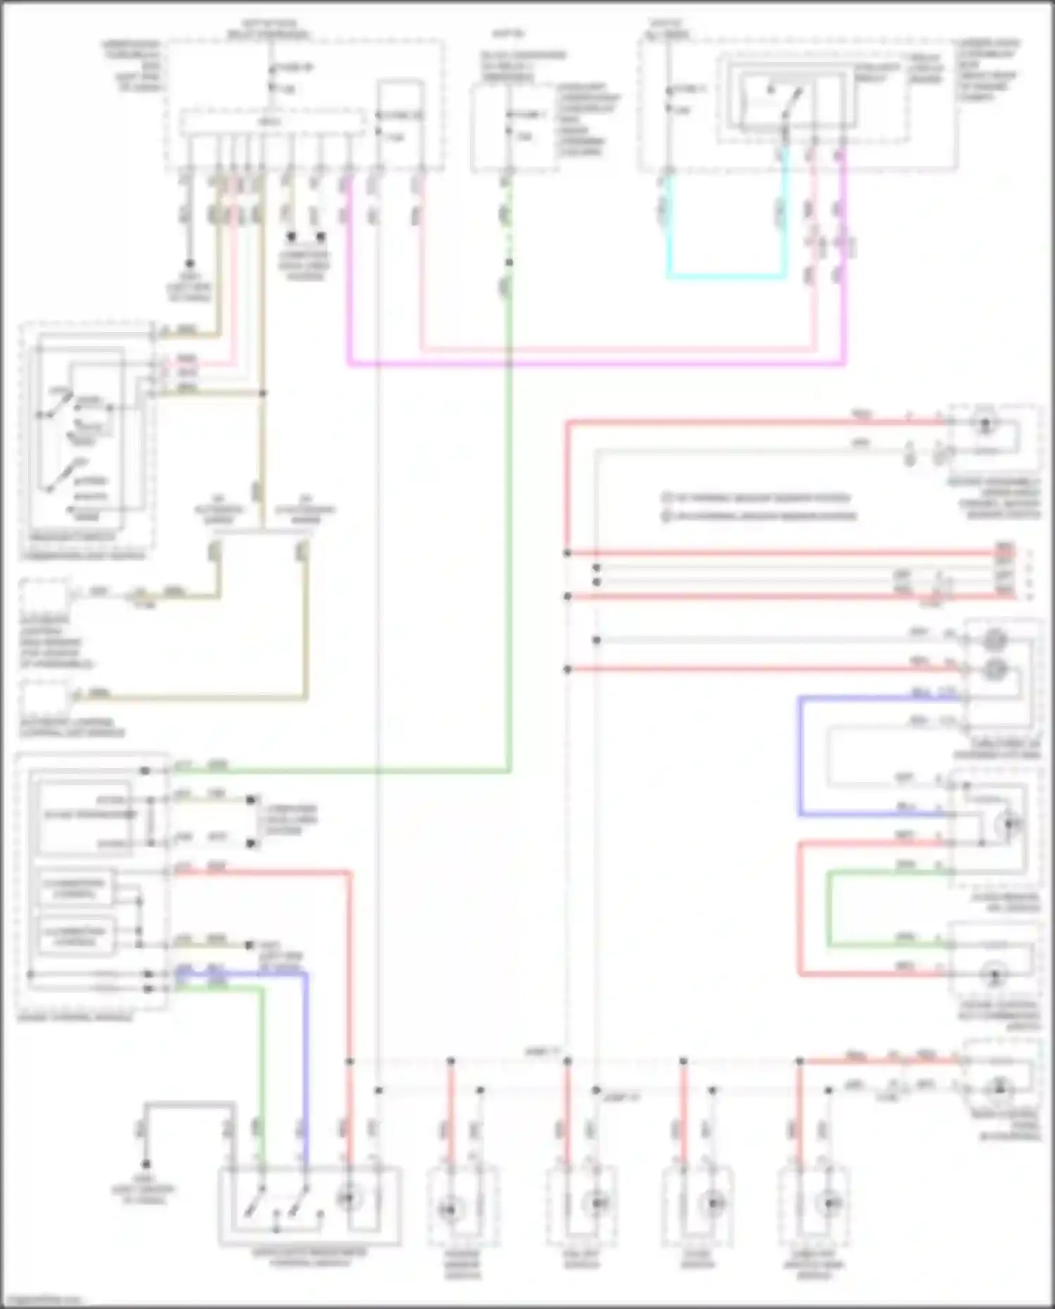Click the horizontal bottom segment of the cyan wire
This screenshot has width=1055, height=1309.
(x=724, y=276)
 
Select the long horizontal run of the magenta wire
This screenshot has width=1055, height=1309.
(x=598, y=364)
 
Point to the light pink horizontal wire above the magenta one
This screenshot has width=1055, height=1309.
(x=619, y=348)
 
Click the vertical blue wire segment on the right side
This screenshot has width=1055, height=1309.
(x=800, y=756)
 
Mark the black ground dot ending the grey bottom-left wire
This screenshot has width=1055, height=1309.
(x=146, y=1165)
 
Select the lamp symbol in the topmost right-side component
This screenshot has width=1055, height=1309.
(x=985, y=424)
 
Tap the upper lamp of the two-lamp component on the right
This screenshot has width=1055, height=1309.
(x=994, y=640)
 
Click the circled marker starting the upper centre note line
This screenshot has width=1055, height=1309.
(x=665, y=498)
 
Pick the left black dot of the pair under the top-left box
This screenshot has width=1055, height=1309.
(x=290, y=237)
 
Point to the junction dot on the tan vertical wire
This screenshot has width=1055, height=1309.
(x=263, y=394)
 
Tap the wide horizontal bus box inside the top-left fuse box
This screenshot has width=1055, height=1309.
(x=273, y=123)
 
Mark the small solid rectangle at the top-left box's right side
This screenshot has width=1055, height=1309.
(x=400, y=116)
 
